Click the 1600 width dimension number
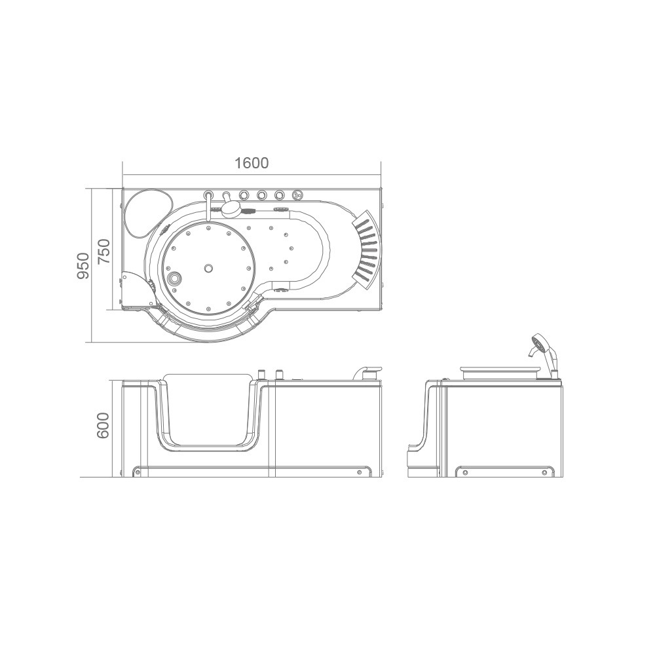pos(252,163)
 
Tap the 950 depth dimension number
pos(83,266)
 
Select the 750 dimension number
pos(103,252)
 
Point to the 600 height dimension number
pos(102,425)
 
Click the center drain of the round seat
pos(208,268)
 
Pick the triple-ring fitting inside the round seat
pos(174,278)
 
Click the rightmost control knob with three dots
pos(297,195)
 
